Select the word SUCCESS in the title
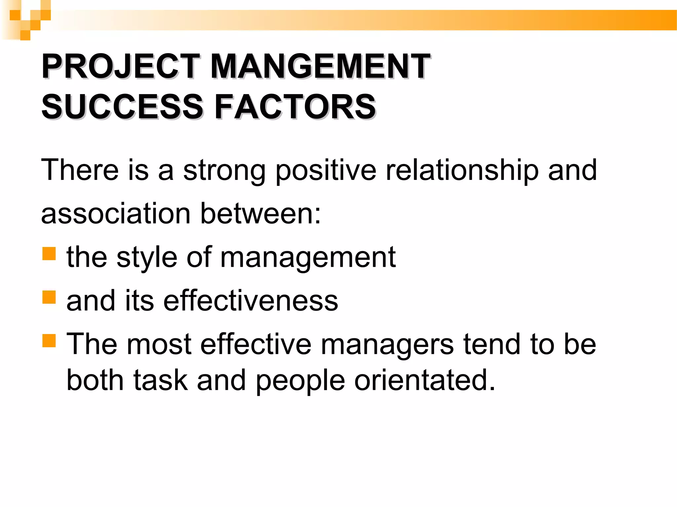[122, 106]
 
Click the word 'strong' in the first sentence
[224, 171]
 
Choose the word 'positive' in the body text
[326, 171]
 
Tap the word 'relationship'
[462, 170]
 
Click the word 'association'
[116, 214]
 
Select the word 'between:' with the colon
[260, 214]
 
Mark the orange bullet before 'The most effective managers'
[49, 340]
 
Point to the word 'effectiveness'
[251, 300]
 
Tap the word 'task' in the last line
[160, 380]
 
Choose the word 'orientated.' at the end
[425, 380]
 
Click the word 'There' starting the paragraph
[80, 170]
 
